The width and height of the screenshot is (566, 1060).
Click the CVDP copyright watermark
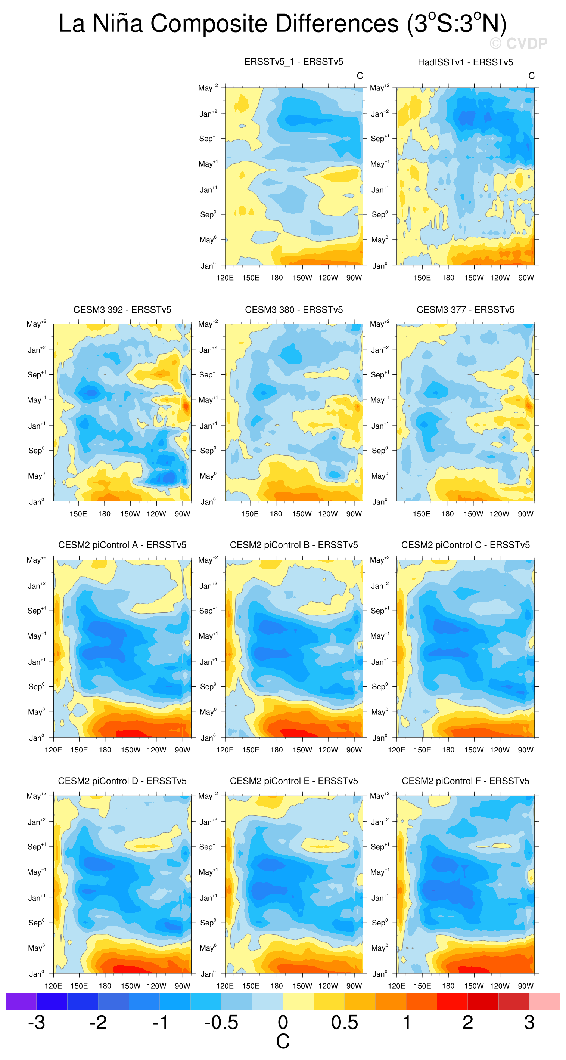point(518,43)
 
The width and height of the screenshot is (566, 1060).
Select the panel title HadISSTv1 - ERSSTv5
point(465,62)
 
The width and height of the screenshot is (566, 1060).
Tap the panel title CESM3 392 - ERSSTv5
point(122,309)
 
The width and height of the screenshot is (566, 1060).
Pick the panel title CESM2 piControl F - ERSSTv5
point(465,781)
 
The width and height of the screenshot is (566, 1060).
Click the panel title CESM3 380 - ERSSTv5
point(294,309)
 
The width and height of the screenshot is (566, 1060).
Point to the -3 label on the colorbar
point(37,1022)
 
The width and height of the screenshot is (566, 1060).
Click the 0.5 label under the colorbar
point(345,1022)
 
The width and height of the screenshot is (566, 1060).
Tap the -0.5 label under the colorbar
point(221,1022)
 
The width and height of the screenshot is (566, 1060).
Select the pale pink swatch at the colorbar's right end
point(545,1001)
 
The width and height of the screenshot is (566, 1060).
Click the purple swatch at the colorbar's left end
point(21,1001)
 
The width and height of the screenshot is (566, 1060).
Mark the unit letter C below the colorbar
point(283,1041)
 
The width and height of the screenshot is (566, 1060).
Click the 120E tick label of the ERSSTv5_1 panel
point(225,278)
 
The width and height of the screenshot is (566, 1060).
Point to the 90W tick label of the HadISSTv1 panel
point(526,278)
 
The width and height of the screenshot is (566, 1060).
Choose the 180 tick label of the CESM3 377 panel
point(448,513)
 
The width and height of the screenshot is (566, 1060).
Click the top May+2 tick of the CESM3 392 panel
point(36,324)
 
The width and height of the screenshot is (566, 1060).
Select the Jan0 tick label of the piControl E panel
point(208,974)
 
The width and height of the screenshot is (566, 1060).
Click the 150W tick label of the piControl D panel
point(131,986)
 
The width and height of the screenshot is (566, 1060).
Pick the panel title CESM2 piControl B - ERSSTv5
point(294,545)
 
